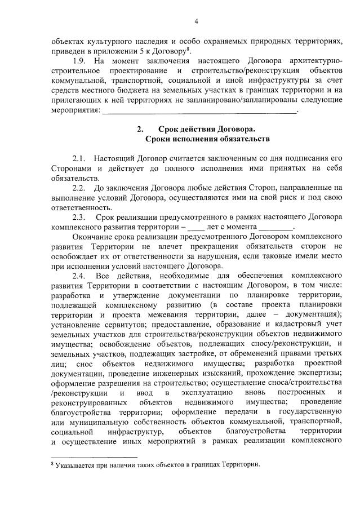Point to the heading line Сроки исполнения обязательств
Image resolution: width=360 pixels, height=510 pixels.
(199, 138)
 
